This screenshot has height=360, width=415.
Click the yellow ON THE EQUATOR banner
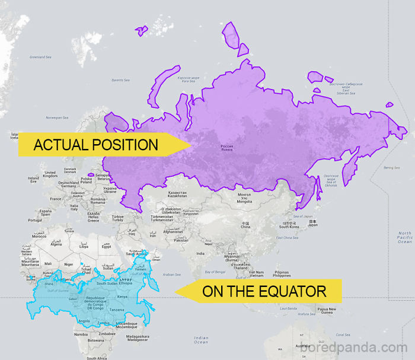(261, 291)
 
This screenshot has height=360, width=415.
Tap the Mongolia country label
(244, 198)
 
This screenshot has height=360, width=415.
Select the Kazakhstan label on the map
(177, 194)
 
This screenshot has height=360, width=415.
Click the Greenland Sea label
(41, 57)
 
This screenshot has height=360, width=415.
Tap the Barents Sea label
(120, 80)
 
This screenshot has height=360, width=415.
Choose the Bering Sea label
(391, 168)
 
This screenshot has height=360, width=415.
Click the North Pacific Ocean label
(404, 237)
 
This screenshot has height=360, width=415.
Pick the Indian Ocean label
(201, 340)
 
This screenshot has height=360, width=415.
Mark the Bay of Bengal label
(215, 272)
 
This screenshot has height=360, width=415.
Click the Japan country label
(312, 223)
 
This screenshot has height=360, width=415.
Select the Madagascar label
(137, 337)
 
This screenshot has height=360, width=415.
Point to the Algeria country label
(56, 243)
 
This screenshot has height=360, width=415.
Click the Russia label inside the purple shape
(227, 148)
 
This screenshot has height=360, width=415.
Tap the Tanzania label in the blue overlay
(117, 310)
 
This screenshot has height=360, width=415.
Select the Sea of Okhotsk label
(331, 180)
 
